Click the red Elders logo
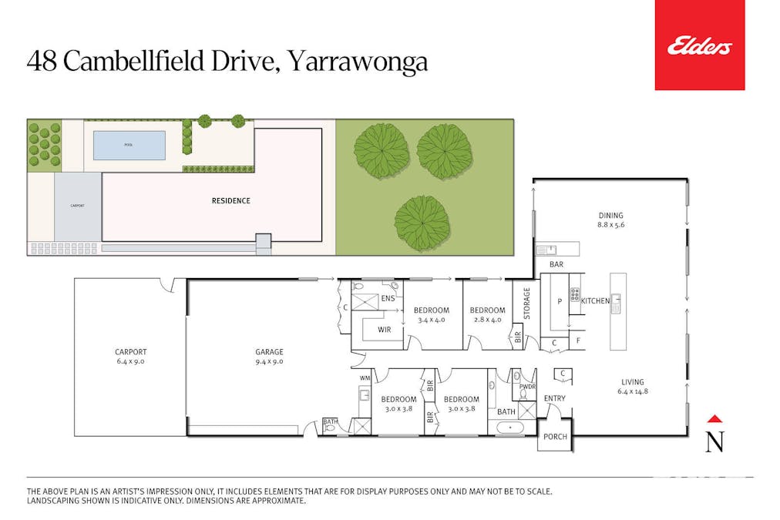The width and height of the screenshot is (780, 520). (699, 45)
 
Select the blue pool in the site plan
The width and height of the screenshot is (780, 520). (129, 145)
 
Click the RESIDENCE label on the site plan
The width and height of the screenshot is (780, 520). (230, 201)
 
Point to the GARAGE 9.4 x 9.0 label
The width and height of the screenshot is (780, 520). (269, 356)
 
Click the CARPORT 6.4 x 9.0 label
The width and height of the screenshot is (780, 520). (129, 356)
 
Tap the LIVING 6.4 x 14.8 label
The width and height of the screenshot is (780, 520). (632, 387)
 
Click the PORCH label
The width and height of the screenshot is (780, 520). (555, 437)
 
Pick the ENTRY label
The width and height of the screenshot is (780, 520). (554, 398)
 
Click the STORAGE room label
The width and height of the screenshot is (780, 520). (527, 304)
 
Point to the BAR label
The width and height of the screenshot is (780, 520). (556, 265)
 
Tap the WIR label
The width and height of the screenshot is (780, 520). (385, 330)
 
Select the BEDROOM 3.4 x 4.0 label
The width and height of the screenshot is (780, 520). (432, 315)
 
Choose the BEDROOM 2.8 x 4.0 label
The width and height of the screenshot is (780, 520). (486, 315)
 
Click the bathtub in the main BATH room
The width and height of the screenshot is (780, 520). (509, 427)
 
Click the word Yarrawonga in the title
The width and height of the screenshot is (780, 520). (357, 62)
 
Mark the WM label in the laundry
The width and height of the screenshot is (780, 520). (365, 378)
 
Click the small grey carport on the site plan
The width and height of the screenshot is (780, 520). (77, 206)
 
